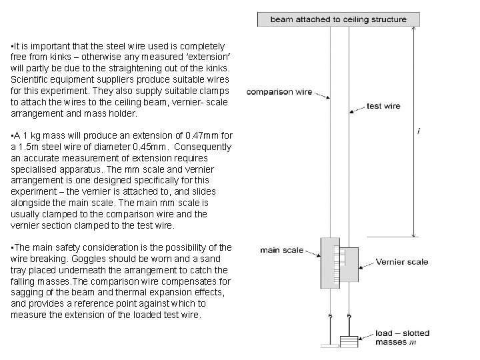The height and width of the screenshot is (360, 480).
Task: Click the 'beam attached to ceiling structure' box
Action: click(x=338, y=19)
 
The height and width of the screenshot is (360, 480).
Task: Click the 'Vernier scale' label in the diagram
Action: click(x=403, y=262)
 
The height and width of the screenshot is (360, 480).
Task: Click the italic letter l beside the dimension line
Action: click(x=419, y=131)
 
